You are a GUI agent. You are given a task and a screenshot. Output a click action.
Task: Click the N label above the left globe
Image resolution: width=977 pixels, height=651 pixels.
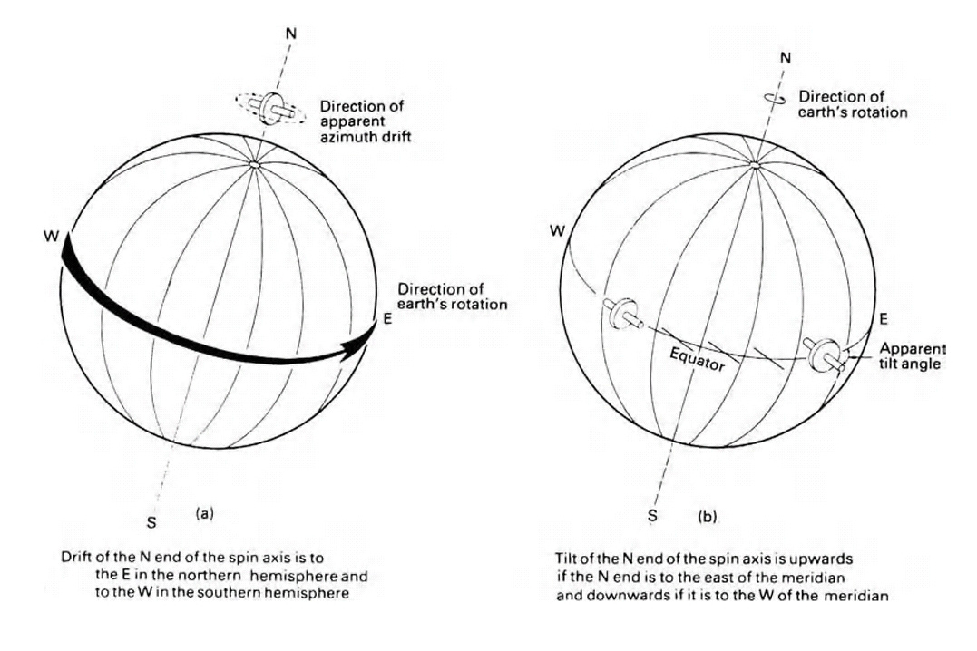coord(289,34)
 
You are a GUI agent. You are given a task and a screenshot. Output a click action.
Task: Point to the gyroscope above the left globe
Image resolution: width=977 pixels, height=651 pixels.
coord(270,109)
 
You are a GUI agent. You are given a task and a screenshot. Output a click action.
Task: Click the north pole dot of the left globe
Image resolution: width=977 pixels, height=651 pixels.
coord(256,165)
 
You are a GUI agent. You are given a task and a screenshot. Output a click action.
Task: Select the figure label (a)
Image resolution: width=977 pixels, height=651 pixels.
coord(205,513)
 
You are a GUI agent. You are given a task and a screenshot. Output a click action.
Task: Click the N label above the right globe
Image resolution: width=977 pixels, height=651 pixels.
coord(786,59)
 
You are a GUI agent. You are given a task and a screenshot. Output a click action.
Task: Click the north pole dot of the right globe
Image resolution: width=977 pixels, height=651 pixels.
coord(757,165)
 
